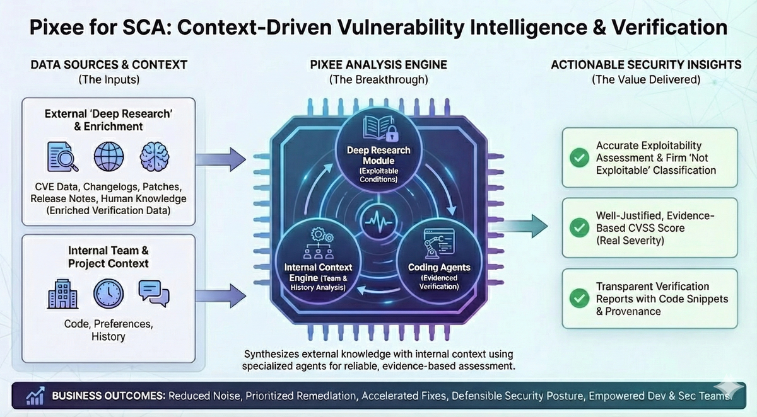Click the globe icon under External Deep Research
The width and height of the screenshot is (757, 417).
(x=109, y=157)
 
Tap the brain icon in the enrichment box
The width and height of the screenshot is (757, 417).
(x=153, y=157)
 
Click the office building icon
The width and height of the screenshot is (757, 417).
(x=62, y=292)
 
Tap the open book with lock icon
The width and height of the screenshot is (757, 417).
(x=378, y=130)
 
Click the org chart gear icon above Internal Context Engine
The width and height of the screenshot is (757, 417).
(x=318, y=243)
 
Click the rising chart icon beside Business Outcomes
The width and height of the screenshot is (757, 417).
(x=35, y=396)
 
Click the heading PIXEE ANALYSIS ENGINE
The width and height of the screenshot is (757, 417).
(x=378, y=65)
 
